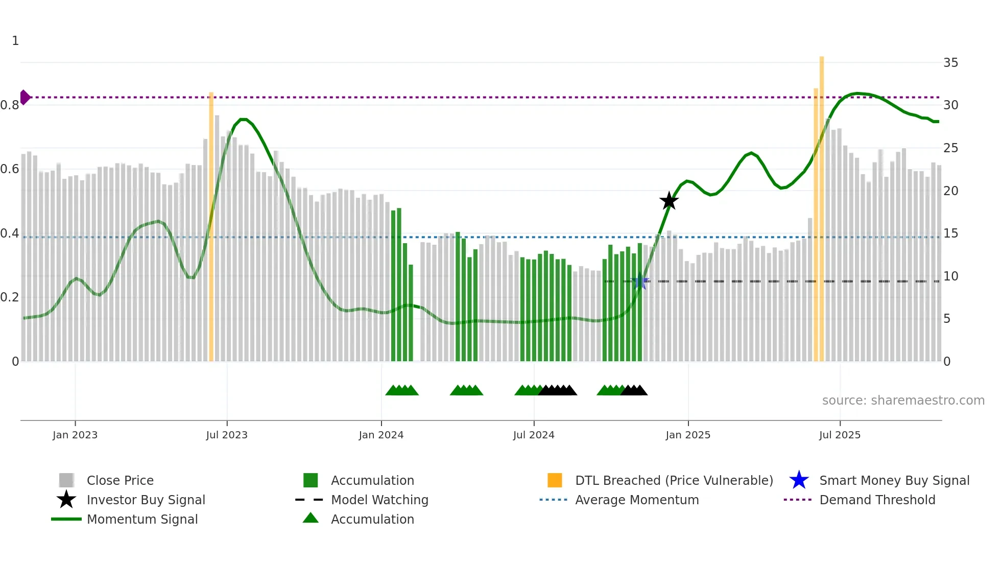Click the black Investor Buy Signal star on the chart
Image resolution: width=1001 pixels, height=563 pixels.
669,201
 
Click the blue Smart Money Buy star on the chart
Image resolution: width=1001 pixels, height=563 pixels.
639,281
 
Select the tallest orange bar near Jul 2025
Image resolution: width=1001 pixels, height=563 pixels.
822,204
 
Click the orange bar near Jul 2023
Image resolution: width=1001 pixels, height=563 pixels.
211,225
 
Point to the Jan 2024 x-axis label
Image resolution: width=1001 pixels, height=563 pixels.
381,435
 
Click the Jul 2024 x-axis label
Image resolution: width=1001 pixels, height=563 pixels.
534,435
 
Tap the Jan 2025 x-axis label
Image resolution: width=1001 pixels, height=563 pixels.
688,435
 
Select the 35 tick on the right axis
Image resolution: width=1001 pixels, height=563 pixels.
950,63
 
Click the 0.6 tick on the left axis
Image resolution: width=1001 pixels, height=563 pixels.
10,169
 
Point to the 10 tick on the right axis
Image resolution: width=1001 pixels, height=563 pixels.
950,276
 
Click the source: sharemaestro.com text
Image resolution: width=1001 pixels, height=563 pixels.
903,401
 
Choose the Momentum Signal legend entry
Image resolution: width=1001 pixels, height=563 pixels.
142,519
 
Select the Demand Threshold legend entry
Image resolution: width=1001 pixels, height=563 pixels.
877,500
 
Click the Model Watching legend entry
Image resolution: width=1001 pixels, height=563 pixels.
379,500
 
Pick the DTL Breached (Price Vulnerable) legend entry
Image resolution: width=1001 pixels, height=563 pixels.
674,480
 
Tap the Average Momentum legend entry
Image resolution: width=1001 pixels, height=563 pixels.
637,500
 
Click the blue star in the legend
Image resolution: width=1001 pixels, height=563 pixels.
799,480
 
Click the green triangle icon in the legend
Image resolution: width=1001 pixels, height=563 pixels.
311,518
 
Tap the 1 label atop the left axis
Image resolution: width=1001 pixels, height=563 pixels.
15,41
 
